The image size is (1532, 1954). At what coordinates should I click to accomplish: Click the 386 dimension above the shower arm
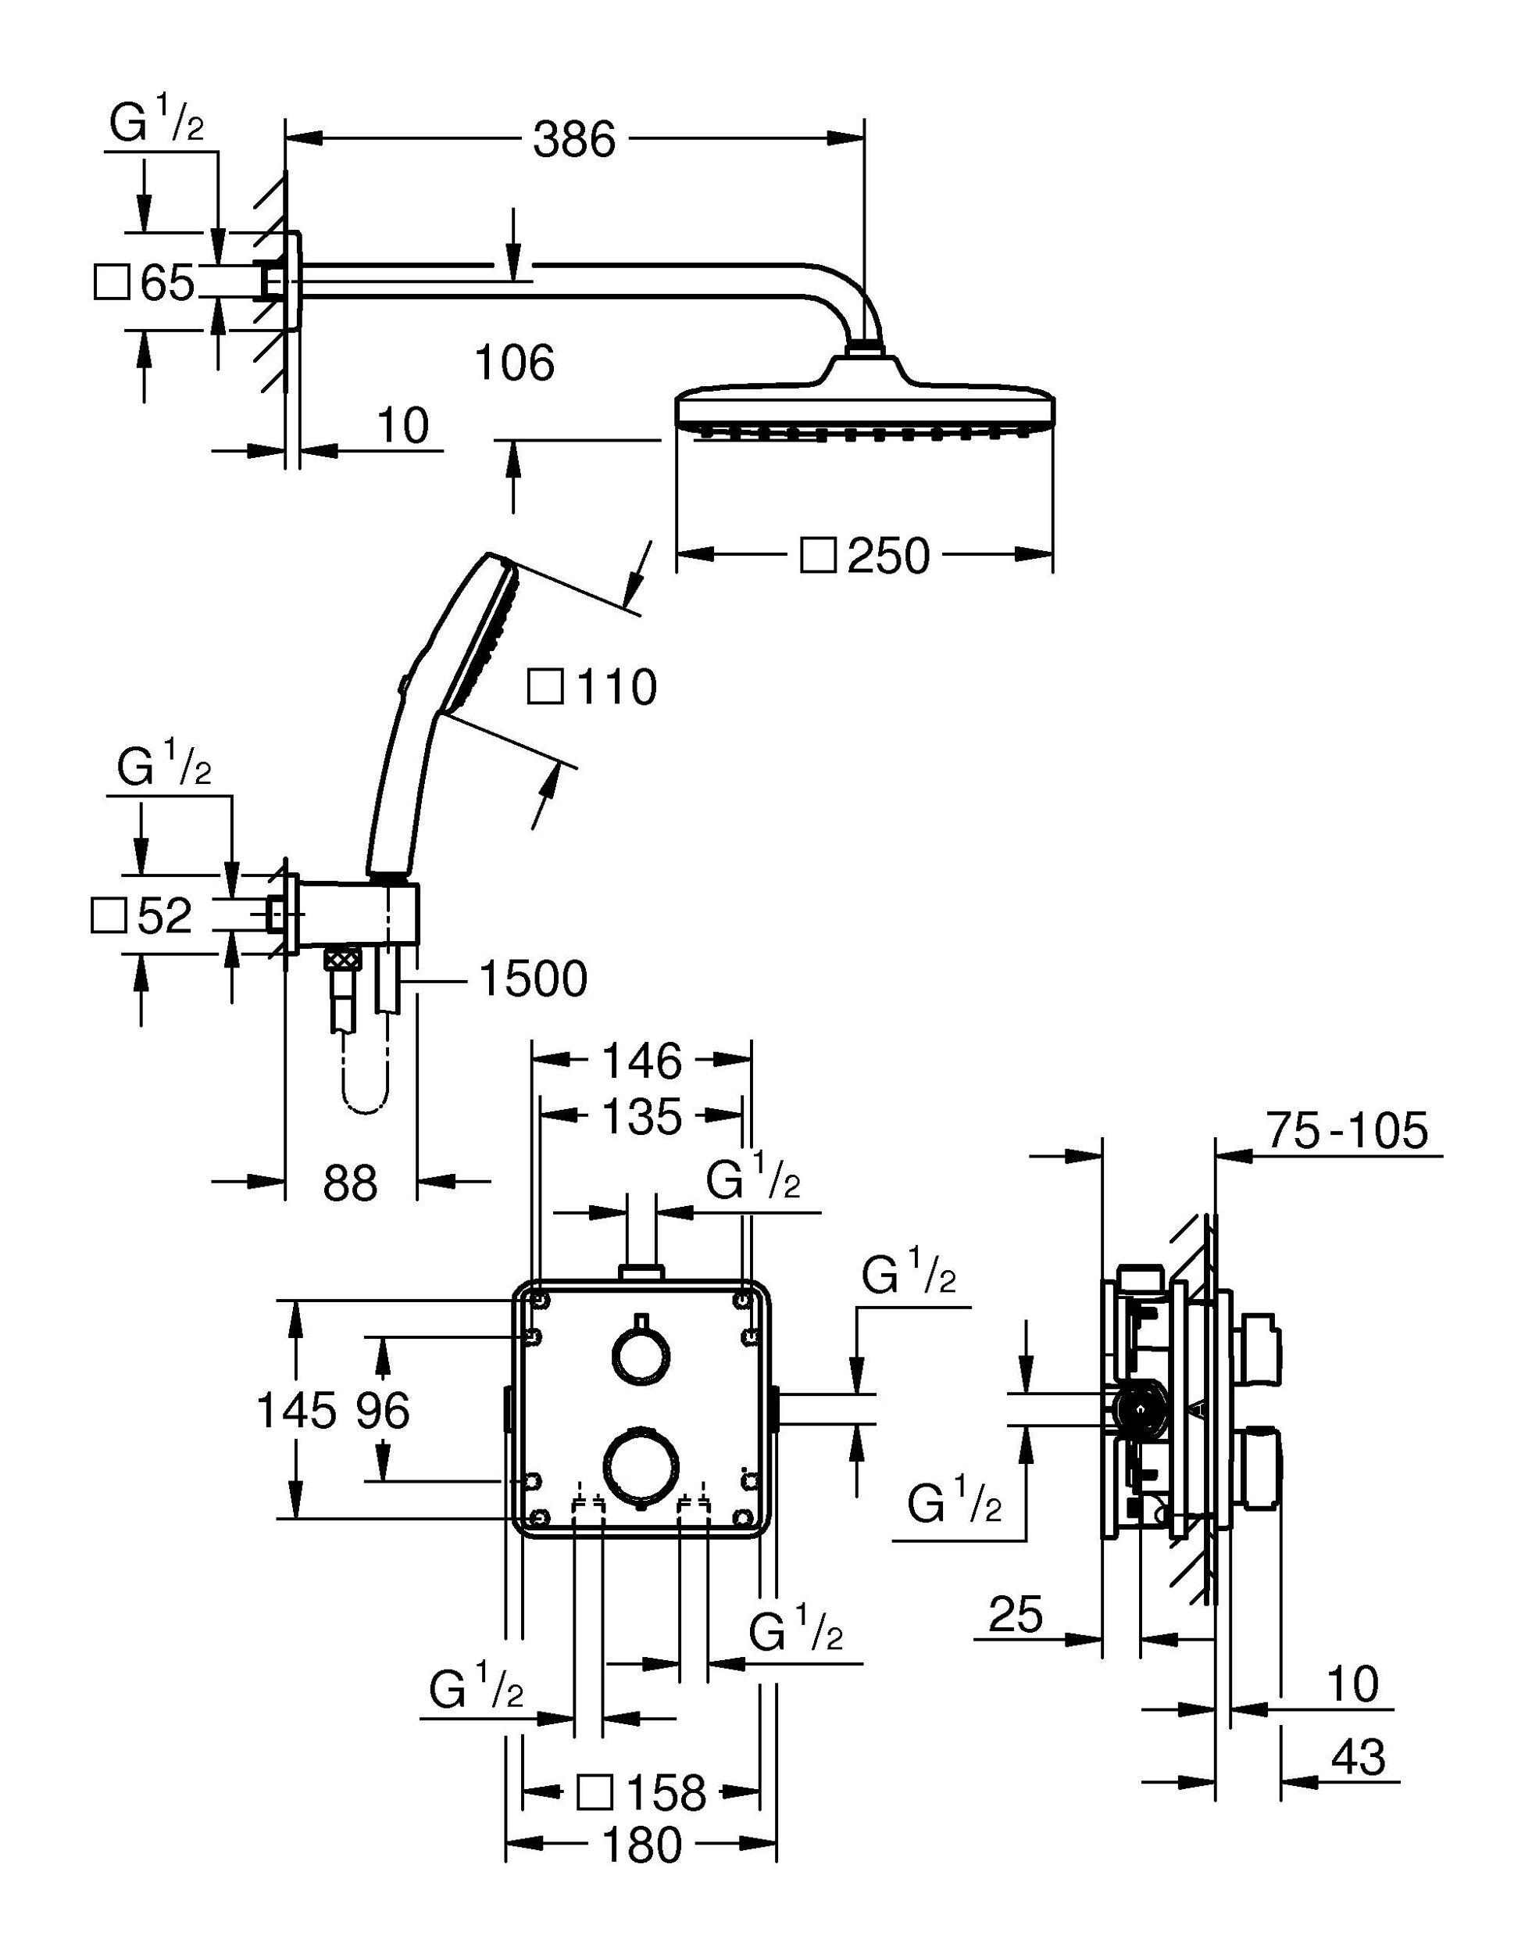tap(574, 140)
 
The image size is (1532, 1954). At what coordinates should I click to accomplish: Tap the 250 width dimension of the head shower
tap(888, 556)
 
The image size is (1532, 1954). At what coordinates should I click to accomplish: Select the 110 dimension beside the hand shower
tap(616, 688)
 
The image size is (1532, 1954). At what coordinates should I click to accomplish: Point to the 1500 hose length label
tap(534, 979)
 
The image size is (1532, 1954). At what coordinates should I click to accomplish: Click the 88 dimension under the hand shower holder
tap(351, 1183)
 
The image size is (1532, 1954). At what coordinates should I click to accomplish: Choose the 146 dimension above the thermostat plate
tap(641, 1061)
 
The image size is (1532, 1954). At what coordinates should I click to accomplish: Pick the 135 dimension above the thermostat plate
tap(641, 1118)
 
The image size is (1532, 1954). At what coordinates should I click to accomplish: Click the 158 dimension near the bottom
tap(666, 1794)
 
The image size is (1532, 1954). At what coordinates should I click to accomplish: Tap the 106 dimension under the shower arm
tap(514, 363)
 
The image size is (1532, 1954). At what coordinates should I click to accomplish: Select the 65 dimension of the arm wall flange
tap(167, 284)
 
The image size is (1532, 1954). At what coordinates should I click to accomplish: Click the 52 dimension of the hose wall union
tap(165, 916)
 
